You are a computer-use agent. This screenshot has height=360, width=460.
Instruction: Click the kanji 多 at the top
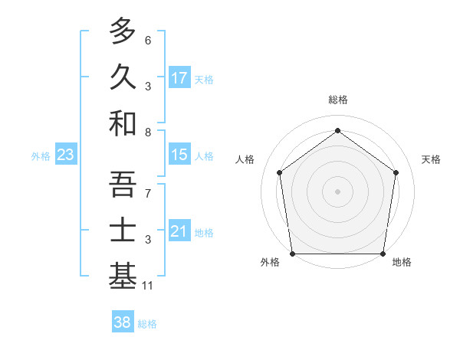pos(123,31)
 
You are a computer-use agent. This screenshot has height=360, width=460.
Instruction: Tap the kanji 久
pos(123,76)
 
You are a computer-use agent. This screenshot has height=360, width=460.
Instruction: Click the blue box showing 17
pos(179,77)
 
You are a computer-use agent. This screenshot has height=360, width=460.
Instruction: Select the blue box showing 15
pos(179,155)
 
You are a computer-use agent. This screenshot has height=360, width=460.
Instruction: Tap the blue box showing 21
pos(179,231)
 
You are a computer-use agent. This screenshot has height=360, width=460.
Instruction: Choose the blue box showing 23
pos(65,155)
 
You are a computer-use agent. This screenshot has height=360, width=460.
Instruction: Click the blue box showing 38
pos(123,322)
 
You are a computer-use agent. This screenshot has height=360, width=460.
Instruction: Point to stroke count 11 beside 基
pos(148,286)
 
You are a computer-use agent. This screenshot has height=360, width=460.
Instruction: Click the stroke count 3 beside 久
pos(148,87)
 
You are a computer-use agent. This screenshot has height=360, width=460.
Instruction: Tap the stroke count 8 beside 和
pos(148,133)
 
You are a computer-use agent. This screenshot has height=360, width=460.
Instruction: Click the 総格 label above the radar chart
pos(338,100)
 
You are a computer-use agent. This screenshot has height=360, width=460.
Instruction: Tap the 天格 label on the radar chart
pos(432,159)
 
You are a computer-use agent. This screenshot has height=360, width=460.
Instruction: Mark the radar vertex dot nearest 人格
pos(279,172)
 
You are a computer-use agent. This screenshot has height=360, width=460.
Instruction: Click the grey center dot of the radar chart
pos(338,191)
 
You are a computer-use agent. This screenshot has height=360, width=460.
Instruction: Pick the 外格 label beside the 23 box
pos(41,156)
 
